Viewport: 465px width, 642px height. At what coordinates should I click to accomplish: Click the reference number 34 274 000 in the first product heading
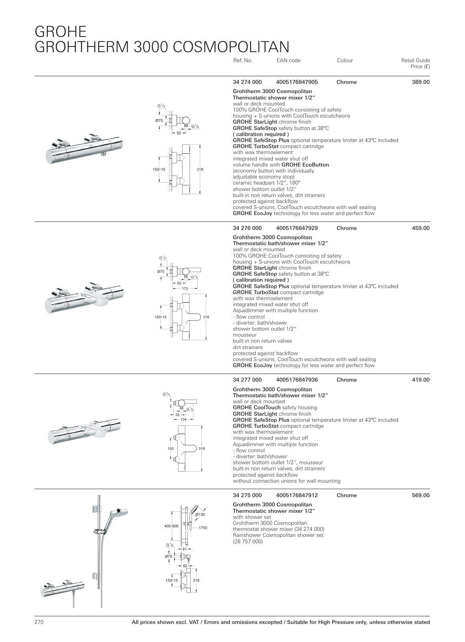(x=247, y=82)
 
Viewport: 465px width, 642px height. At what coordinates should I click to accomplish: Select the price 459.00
(x=420, y=228)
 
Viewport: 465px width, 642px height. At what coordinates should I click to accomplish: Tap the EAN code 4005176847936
(x=297, y=380)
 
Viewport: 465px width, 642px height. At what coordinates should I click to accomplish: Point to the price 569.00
(x=420, y=495)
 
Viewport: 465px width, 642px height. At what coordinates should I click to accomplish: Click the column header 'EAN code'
(x=288, y=61)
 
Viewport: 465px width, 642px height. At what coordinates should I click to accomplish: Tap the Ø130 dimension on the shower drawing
(x=200, y=514)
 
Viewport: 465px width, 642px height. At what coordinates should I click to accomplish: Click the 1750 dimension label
(x=203, y=528)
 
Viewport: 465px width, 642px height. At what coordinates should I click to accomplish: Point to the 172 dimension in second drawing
(x=185, y=288)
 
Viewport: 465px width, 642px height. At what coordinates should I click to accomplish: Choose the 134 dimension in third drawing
(x=184, y=419)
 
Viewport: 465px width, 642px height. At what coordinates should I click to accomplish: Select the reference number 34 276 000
(x=247, y=228)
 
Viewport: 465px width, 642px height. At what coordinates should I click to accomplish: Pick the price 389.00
(x=420, y=82)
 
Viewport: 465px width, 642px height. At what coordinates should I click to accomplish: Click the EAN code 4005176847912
(x=297, y=495)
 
